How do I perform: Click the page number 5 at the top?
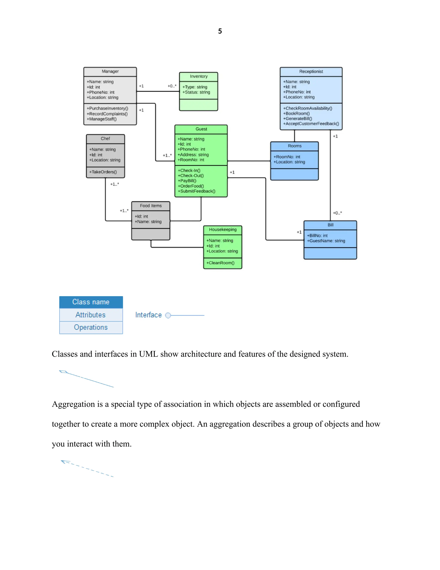[x=220, y=31]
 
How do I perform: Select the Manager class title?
[x=110, y=71]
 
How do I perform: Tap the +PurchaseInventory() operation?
[x=107, y=108]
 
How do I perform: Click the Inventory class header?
[x=199, y=76]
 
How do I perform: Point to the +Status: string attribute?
[x=196, y=92]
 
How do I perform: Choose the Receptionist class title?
[x=311, y=71]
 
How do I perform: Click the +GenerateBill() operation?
[x=297, y=119]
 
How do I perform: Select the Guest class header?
[x=201, y=129]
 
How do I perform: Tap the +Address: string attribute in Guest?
[x=193, y=154]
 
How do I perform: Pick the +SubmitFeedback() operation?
[x=197, y=191]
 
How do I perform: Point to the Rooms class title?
[x=295, y=146]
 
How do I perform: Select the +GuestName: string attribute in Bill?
[x=326, y=241]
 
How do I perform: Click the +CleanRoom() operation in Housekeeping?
[x=220, y=263]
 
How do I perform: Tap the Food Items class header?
[x=151, y=206]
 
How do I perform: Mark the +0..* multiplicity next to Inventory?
[x=172, y=86]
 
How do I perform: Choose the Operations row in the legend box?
[x=91, y=327]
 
